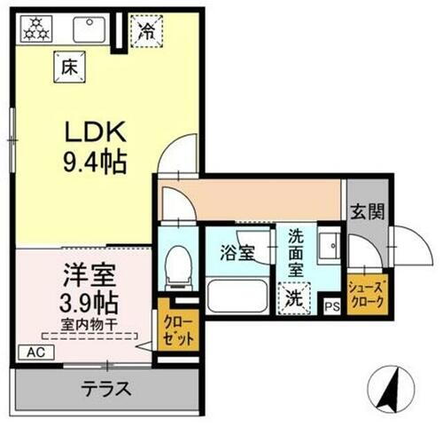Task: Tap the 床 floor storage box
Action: pos(67,64)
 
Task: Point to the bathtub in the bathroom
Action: pos(237,295)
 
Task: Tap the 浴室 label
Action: pos(237,251)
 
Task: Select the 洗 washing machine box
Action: pos(293,297)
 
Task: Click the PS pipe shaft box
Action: pos(332,306)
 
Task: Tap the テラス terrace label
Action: pos(107,388)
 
